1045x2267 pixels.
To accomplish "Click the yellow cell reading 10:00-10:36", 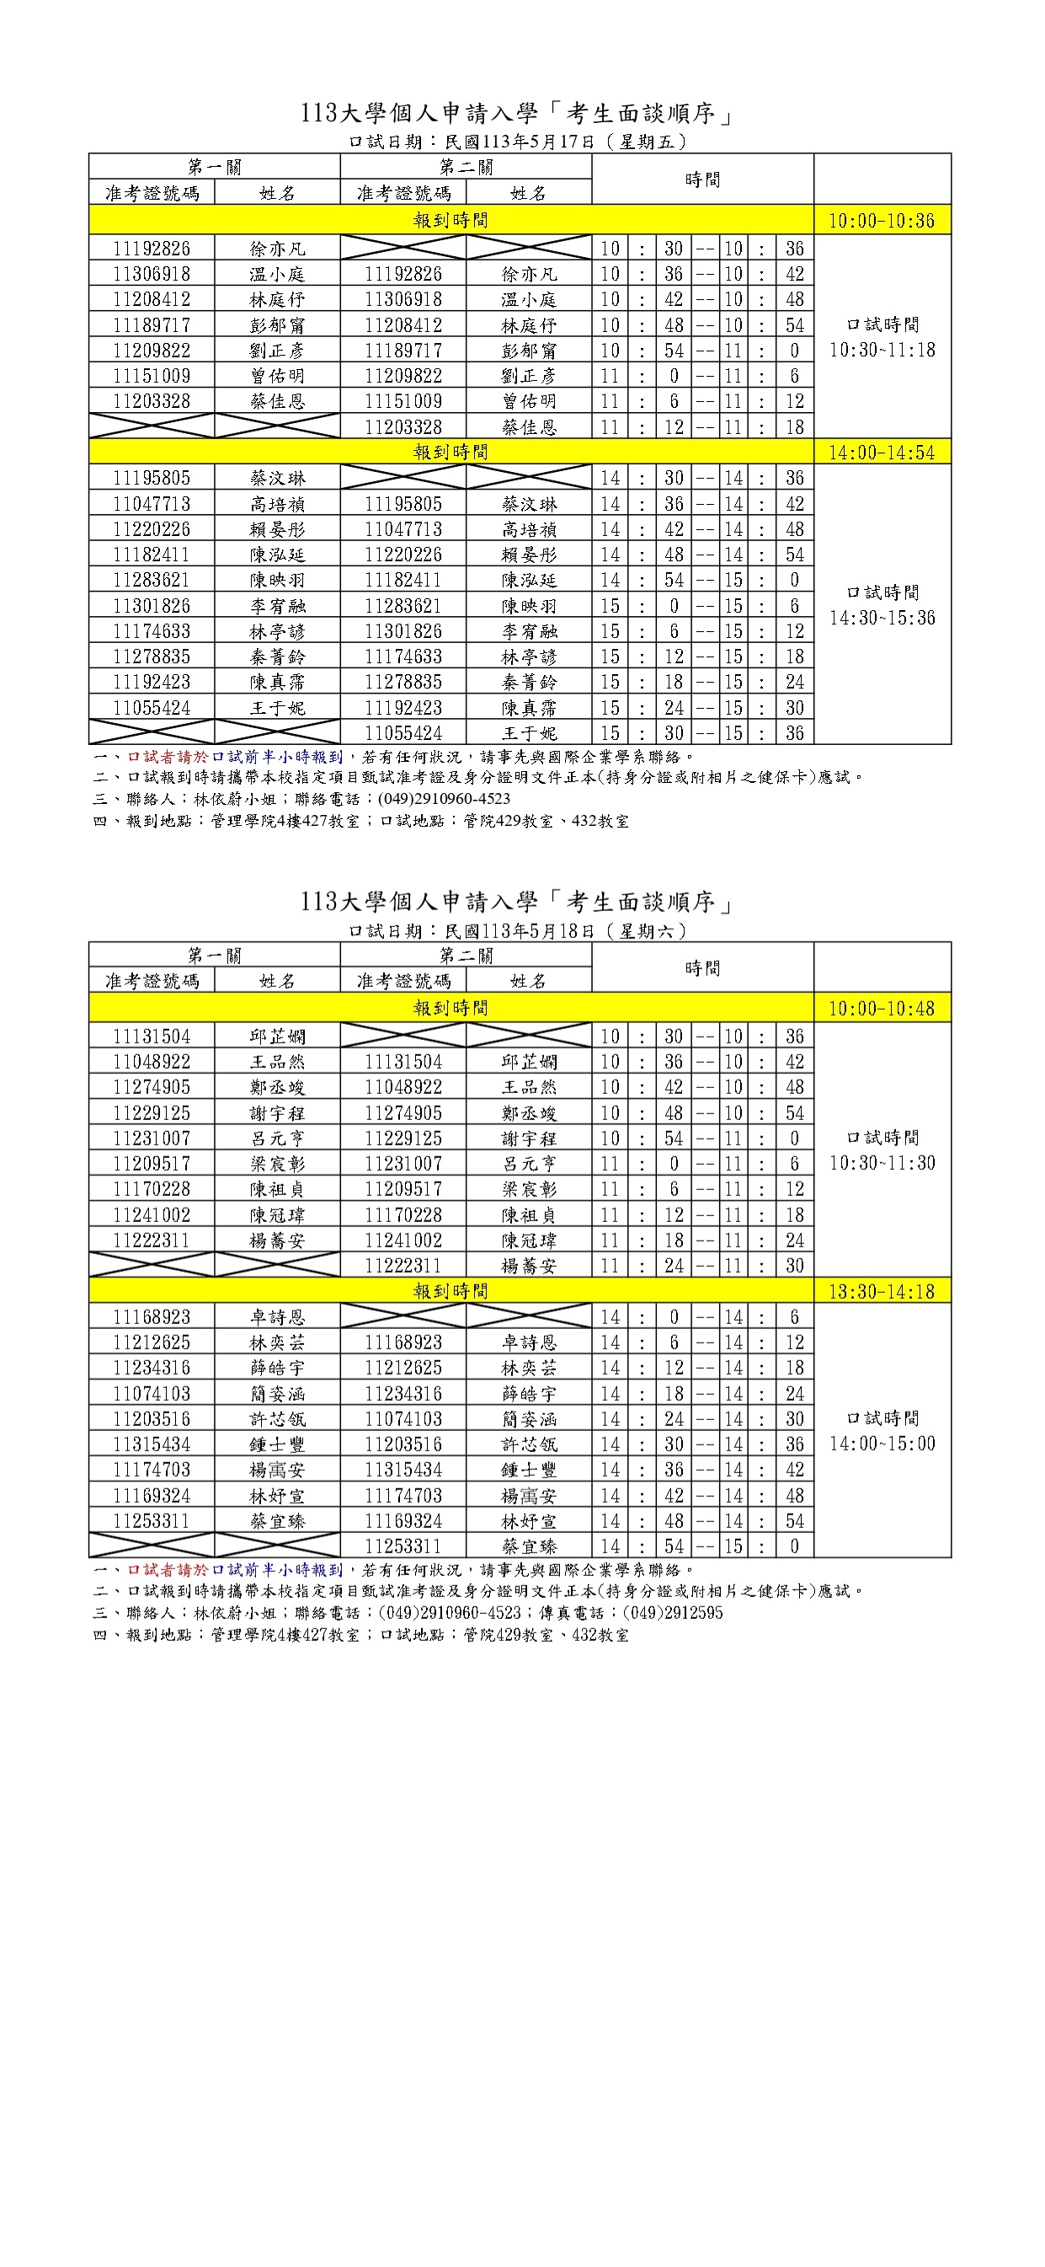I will point(882,220).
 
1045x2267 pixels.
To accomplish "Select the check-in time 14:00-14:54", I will point(882,453).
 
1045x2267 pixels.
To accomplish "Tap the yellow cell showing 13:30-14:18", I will point(882,1291).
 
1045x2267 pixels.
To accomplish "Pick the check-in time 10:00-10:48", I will point(882,1009).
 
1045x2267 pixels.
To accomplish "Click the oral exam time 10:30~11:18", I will point(882,351).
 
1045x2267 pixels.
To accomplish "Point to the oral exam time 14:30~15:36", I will point(882,618).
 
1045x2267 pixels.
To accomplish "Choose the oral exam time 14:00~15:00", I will point(882,1444).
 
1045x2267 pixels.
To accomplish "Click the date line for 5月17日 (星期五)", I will point(518,142).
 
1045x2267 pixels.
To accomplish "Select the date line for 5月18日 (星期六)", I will point(518,930).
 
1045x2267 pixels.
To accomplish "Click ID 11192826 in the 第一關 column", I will point(152,248).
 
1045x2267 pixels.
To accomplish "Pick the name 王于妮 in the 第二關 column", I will point(529,733).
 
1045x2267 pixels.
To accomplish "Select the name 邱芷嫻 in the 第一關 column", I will point(277,1037).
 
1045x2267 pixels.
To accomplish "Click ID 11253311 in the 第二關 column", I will point(403,1546).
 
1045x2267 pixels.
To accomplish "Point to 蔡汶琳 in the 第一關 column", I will point(277,478).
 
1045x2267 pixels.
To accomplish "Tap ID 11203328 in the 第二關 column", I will point(403,426).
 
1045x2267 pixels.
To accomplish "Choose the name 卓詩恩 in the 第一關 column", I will point(277,1317).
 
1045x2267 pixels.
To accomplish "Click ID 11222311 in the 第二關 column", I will point(403,1266).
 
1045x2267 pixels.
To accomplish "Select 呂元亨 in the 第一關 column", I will point(277,1138).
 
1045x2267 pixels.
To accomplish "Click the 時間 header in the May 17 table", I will point(702,180).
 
